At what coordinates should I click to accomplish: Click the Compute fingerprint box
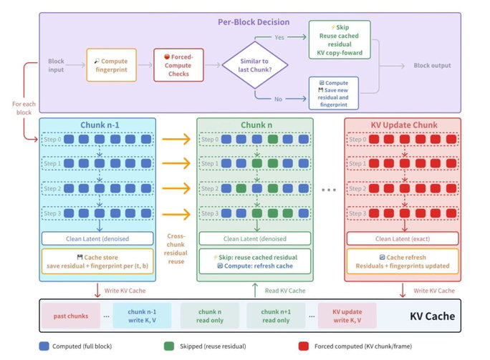(111, 65)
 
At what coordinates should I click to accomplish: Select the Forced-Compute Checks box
(178, 65)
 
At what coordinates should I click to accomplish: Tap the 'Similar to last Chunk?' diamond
(255, 65)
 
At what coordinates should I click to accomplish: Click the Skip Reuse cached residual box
(340, 39)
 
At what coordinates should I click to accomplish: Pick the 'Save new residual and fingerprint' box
(333, 93)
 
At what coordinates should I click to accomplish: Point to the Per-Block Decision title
(254, 22)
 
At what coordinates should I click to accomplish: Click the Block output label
(432, 66)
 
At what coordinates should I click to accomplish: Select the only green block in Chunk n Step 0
(272, 139)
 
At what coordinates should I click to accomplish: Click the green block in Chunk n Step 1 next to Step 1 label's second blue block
(257, 163)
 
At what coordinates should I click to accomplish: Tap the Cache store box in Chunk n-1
(97, 261)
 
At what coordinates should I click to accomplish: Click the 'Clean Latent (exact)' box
(403, 238)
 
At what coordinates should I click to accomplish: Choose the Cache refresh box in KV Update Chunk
(403, 261)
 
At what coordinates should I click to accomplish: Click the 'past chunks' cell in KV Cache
(71, 316)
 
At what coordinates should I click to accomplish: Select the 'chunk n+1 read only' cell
(276, 316)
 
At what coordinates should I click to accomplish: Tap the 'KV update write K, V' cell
(347, 316)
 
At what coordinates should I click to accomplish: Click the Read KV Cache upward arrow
(255, 290)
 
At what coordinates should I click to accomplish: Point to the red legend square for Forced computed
(304, 346)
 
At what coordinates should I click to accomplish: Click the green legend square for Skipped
(169, 346)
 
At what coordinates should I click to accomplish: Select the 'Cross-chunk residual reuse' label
(176, 248)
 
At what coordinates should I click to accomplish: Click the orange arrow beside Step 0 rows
(176, 139)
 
